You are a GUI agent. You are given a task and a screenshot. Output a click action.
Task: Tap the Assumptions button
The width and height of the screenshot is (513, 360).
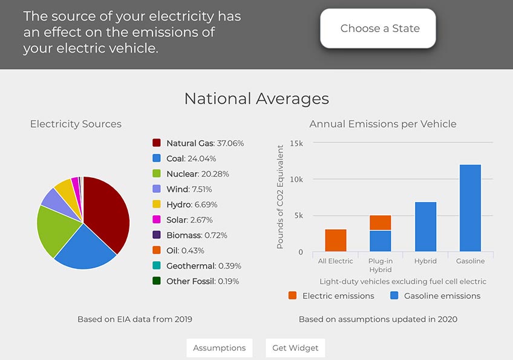(x=219, y=348)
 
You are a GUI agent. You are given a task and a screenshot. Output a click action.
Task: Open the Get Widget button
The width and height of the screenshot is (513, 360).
(x=295, y=348)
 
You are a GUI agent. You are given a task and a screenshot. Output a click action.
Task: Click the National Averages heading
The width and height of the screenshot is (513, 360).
(x=256, y=99)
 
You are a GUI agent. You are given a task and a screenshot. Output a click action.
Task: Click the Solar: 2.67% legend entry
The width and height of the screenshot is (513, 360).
(x=189, y=220)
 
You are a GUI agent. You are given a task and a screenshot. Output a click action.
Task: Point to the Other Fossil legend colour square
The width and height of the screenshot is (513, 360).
(x=156, y=281)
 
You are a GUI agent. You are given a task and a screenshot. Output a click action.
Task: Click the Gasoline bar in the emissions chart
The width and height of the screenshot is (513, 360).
(x=470, y=208)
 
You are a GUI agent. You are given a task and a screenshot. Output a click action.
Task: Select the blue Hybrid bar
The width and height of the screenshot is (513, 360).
(x=425, y=227)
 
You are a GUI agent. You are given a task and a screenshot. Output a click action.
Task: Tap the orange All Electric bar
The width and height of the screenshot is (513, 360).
(x=336, y=241)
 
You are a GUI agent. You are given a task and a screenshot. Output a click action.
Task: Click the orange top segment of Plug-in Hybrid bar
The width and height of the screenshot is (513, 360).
(x=381, y=223)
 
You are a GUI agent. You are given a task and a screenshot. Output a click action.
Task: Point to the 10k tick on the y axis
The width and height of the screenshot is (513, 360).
(x=296, y=180)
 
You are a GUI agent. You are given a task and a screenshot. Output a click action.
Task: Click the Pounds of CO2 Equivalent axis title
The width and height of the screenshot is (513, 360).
(x=280, y=197)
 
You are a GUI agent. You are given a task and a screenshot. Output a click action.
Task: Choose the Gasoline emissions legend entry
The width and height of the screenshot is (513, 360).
(x=435, y=296)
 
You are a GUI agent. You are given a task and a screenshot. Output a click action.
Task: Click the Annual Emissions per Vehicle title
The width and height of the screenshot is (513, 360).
(x=383, y=124)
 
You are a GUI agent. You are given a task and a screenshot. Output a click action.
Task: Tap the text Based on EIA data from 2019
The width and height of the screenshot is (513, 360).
(x=135, y=319)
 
